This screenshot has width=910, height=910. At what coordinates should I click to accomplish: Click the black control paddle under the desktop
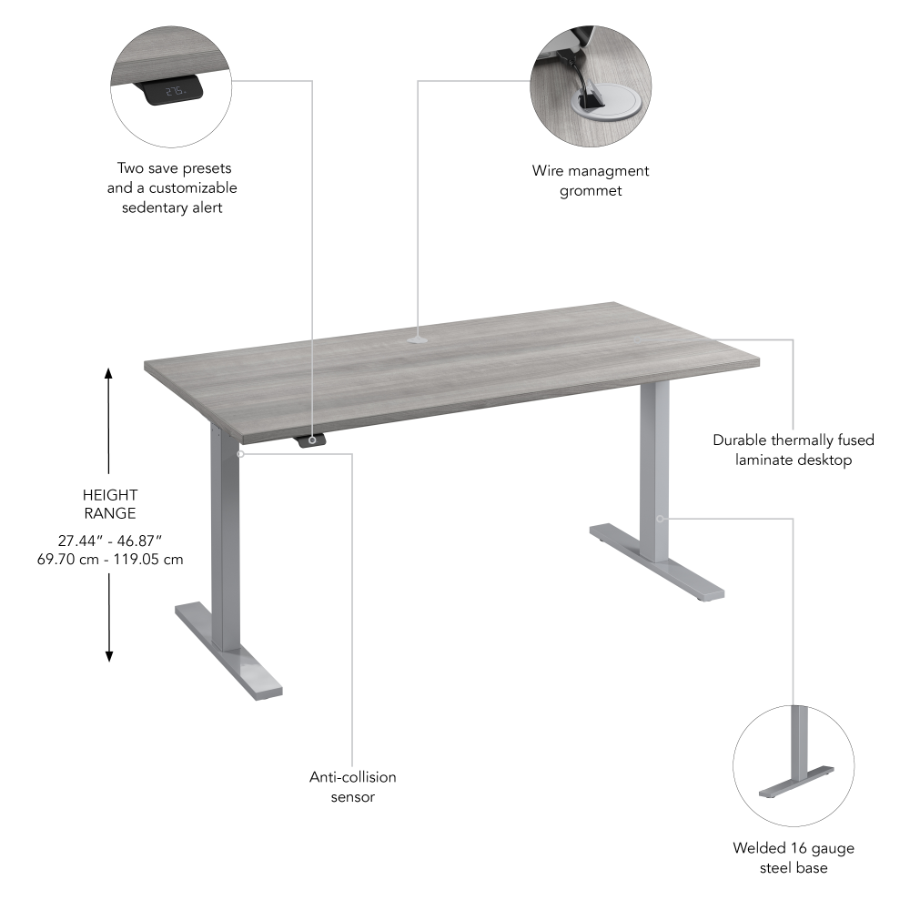[x=311, y=440]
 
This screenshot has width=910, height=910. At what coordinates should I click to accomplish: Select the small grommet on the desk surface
[x=418, y=341]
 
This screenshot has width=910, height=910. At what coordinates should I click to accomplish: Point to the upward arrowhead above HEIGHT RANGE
[x=108, y=373]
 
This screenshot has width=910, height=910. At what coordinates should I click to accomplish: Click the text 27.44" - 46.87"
[x=108, y=540]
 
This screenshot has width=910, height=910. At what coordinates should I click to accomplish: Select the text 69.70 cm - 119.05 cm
[x=108, y=559]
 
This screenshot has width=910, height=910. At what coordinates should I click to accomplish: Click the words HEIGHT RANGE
[x=108, y=504]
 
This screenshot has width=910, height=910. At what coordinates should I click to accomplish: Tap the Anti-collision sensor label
[x=352, y=787]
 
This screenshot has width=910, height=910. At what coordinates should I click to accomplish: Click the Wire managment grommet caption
[x=591, y=180]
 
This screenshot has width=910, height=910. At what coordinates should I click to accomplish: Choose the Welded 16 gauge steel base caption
[x=794, y=858]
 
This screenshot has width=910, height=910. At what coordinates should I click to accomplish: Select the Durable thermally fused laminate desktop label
[x=794, y=450]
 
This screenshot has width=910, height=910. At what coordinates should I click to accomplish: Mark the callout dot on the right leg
[x=660, y=519]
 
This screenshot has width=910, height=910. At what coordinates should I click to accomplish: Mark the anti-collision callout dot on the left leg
[x=240, y=452]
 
